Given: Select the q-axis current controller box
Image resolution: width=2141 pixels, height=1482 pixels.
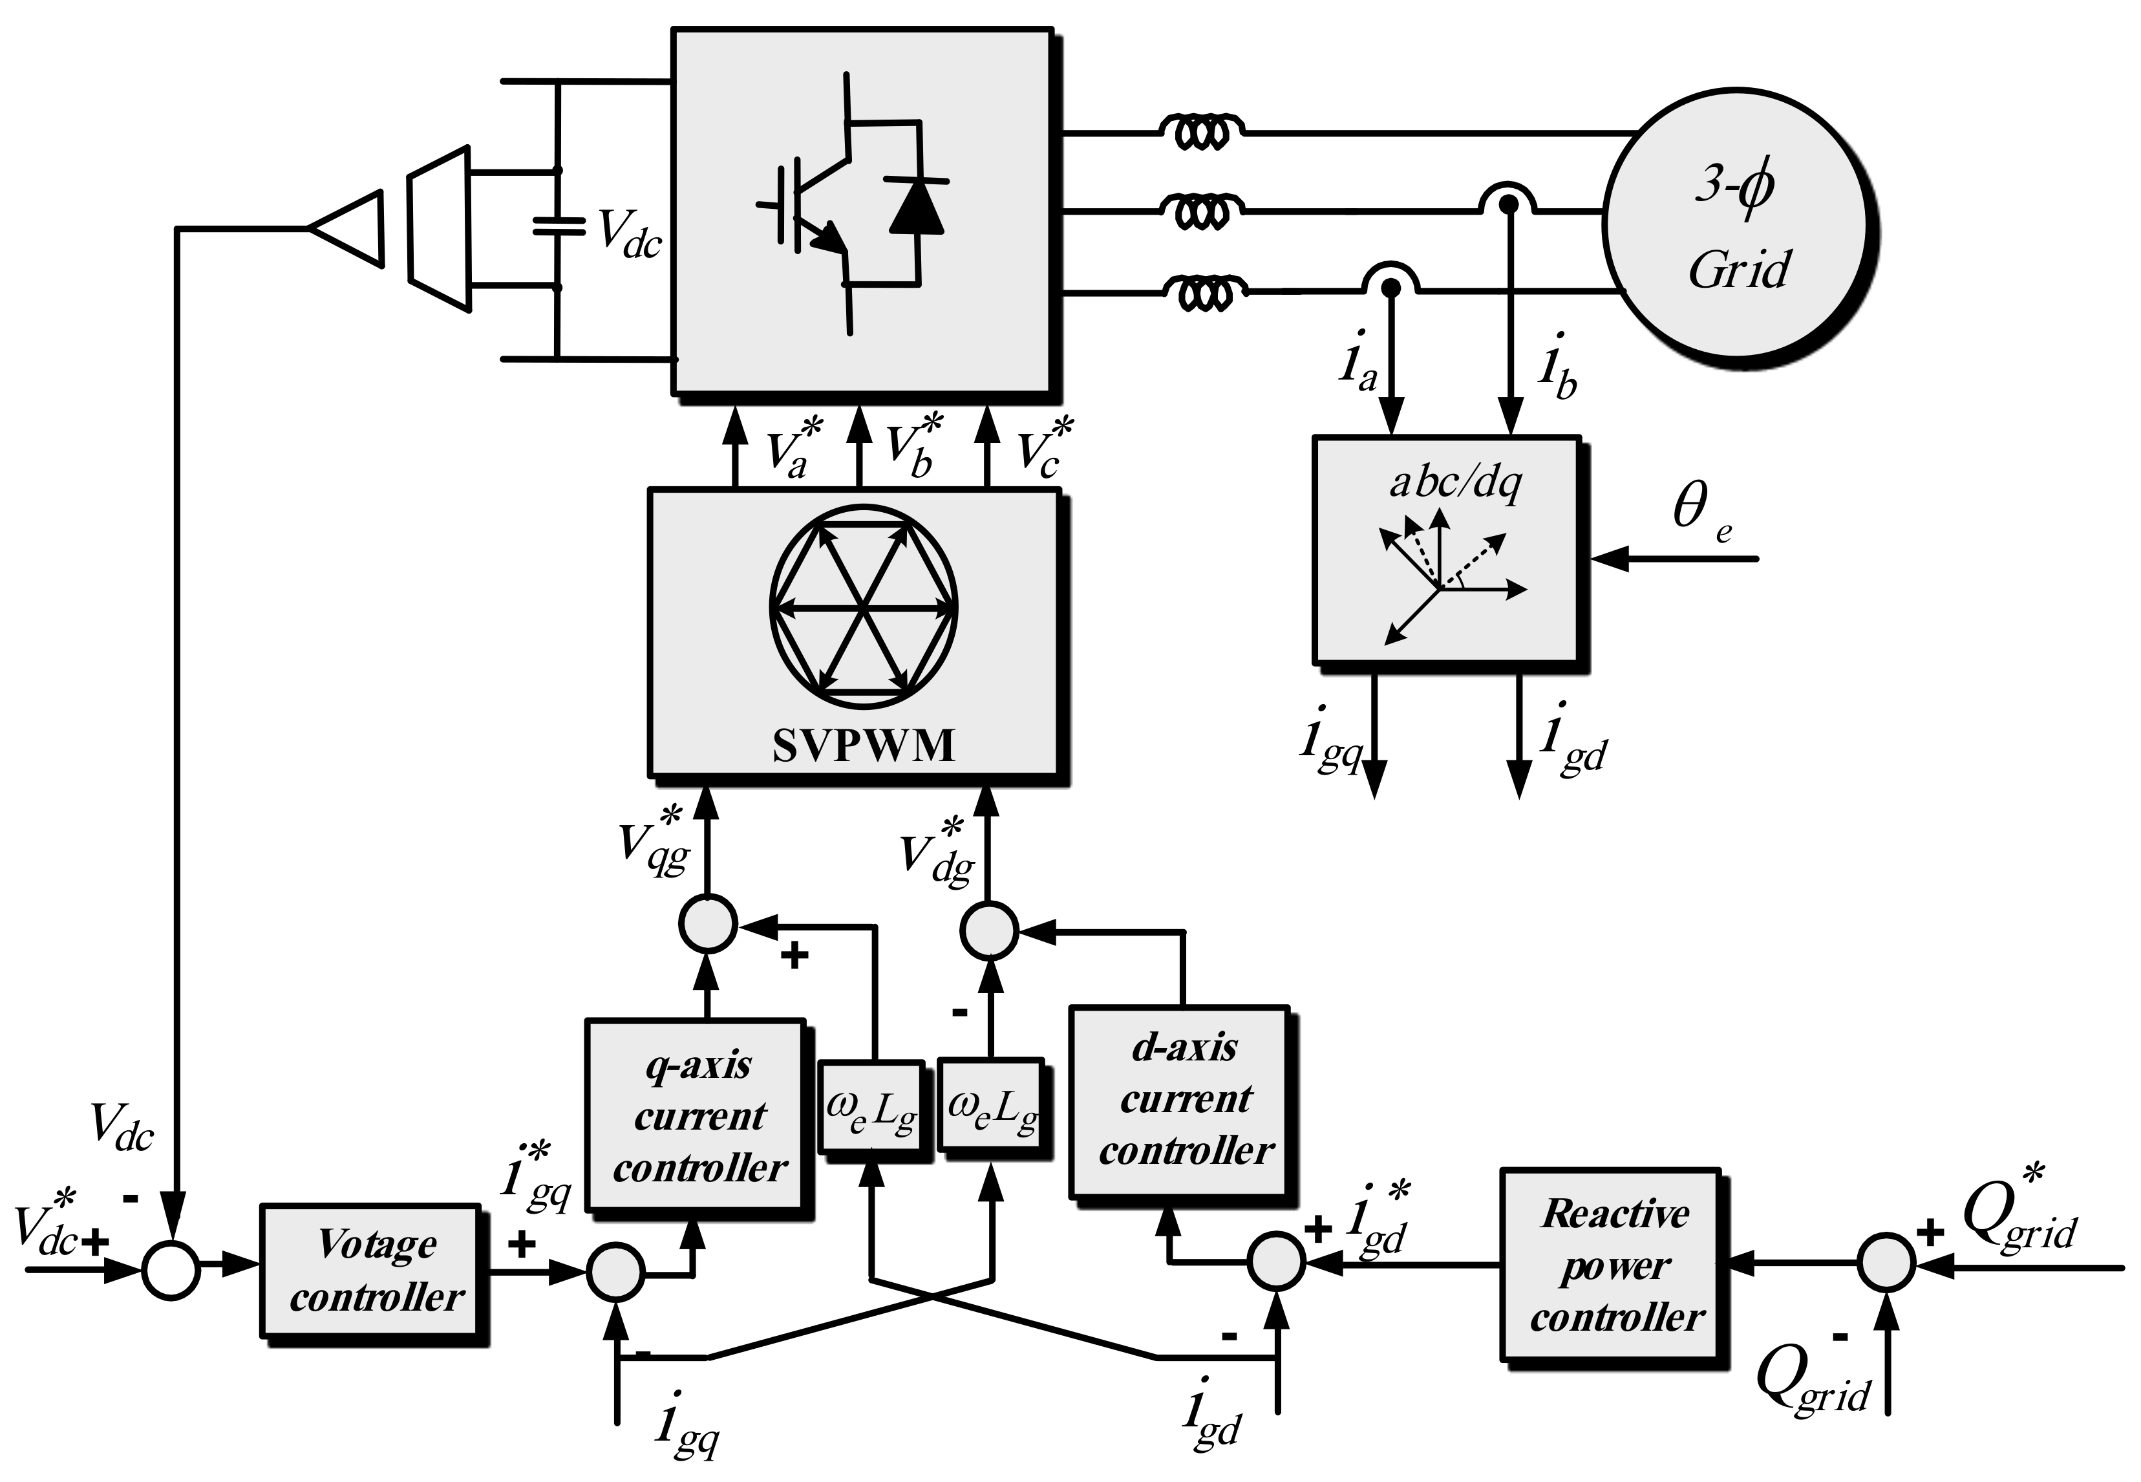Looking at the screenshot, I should (x=696, y=1114).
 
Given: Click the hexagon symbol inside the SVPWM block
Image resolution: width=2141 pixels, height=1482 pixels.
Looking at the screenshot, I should (x=864, y=608).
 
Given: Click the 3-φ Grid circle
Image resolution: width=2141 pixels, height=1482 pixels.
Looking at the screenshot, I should (x=1736, y=228).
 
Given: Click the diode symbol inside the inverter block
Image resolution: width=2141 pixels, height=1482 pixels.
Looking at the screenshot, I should (x=915, y=206).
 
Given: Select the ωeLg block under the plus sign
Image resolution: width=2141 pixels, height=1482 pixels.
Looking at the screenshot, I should (x=871, y=1108).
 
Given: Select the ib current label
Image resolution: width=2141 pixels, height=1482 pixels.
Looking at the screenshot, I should (x=1556, y=367).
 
